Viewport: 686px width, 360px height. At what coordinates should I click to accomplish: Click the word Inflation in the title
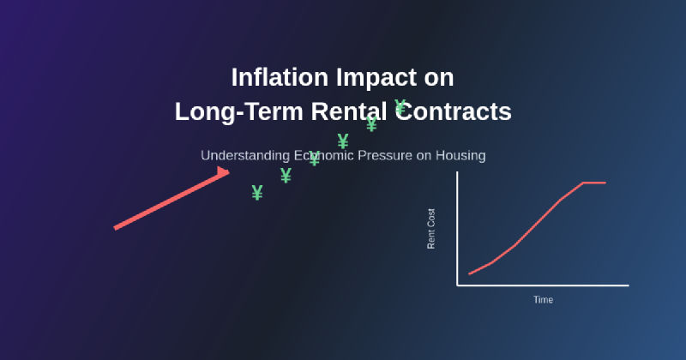273,77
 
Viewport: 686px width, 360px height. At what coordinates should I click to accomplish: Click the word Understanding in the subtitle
242,156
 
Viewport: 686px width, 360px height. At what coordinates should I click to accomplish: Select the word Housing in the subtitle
460,156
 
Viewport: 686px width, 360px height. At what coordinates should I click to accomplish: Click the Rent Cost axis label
431,229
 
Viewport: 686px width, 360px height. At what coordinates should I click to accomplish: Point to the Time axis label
543,300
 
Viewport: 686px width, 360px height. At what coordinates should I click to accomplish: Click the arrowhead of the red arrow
223,173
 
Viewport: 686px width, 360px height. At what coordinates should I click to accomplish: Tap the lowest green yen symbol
257,193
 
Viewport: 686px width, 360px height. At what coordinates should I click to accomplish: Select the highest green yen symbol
400,107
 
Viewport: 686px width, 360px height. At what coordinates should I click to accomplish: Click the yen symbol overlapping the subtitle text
314,159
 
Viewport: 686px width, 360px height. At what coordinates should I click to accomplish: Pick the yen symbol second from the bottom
286,176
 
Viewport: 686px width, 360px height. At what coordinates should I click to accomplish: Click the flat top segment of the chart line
594,183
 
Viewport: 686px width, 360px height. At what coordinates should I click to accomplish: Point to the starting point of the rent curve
470,274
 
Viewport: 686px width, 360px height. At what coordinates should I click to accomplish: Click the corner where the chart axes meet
457,285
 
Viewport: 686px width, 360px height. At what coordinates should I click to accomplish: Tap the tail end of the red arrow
116,228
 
